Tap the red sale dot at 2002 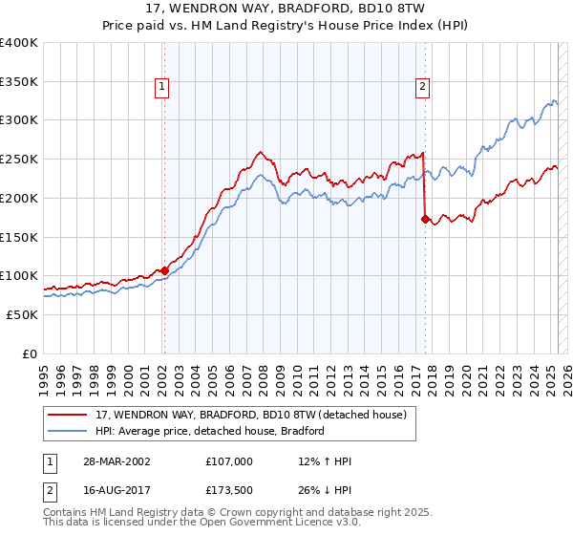click(164, 270)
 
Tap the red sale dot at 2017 click(424, 219)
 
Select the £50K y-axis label click(22, 314)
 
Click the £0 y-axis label click(30, 353)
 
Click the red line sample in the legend click(69, 415)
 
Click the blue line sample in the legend click(69, 431)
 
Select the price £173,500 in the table click(229, 492)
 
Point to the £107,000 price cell click(229, 460)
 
